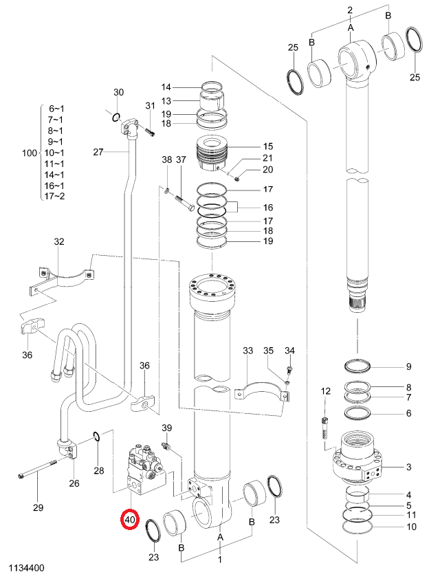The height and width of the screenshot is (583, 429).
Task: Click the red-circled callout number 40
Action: [129, 520]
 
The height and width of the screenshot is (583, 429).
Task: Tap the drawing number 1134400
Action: [26, 568]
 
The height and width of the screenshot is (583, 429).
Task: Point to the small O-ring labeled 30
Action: [116, 118]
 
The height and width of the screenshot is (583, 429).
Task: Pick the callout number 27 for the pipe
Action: [98, 152]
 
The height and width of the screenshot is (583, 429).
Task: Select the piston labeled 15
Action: [211, 154]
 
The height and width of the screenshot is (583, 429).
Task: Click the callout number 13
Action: [166, 100]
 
